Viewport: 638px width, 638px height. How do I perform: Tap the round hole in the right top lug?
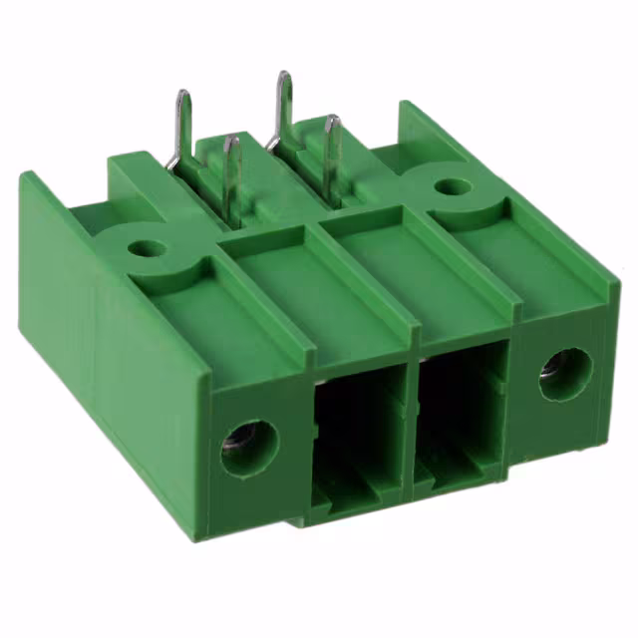coord(453,186)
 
